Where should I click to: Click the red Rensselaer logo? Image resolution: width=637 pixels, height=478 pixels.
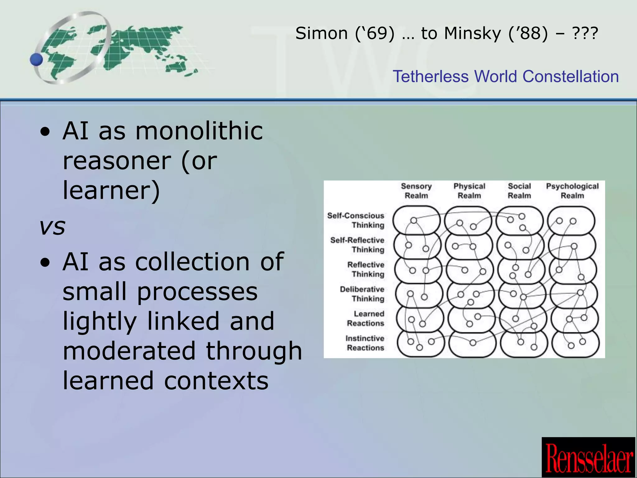[589, 457]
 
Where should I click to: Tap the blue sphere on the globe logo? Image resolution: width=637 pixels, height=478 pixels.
[37, 59]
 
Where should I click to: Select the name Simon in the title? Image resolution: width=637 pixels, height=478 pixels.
[321, 33]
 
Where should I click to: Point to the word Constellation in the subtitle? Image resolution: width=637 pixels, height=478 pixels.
[570, 77]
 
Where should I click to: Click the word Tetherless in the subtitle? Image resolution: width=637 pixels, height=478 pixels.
[431, 77]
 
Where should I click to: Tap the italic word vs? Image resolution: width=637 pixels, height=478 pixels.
[52, 226]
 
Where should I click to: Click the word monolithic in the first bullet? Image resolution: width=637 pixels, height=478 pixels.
[199, 131]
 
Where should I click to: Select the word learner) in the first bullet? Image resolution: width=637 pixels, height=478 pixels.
[111, 190]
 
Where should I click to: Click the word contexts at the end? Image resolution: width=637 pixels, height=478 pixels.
[216, 381]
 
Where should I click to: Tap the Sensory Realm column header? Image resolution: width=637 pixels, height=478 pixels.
[416, 191]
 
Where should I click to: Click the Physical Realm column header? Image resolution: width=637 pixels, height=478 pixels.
[469, 191]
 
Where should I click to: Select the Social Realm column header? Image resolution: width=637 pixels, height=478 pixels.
[519, 191]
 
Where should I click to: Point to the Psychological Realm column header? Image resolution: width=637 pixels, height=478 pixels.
[572, 191]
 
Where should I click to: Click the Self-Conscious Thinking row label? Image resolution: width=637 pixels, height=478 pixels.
[356, 220]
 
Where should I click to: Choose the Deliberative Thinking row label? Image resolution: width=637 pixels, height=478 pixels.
[362, 294]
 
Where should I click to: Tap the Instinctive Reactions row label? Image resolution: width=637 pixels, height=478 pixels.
[365, 343]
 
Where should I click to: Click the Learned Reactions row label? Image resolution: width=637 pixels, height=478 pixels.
[366, 318]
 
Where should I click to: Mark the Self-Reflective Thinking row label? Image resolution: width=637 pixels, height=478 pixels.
[357, 245]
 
